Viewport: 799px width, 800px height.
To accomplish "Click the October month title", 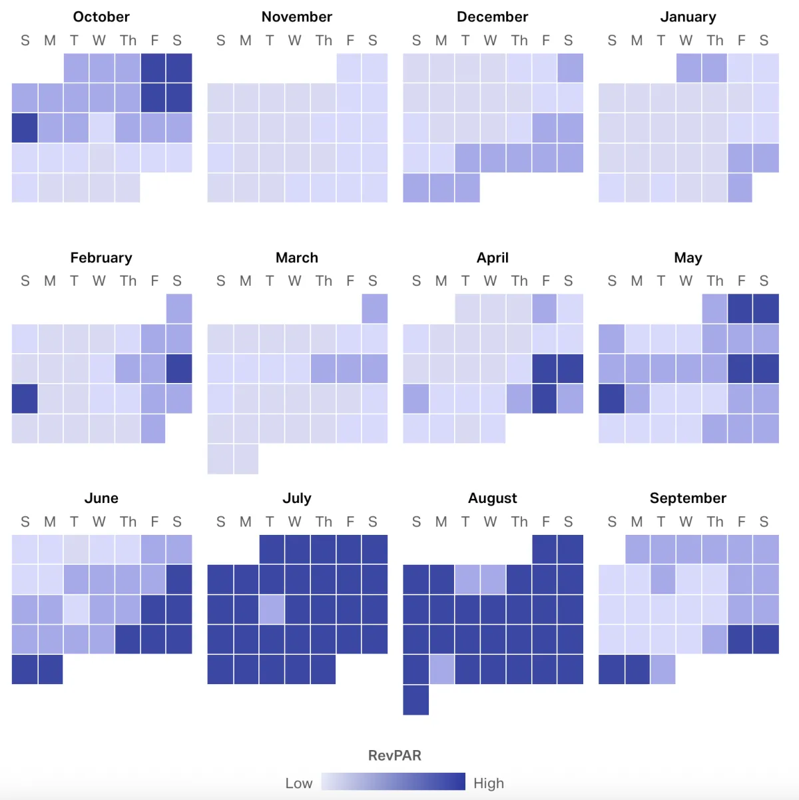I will (101, 17).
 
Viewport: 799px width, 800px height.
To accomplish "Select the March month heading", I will (297, 258).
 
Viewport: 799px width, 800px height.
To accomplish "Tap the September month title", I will (688, 498).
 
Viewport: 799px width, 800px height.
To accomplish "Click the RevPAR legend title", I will (395, 755).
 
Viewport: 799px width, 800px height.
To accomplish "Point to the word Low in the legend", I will (299, 783).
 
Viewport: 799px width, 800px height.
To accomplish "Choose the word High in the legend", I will (489, 783).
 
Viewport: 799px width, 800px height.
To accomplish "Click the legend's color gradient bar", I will (393, 781).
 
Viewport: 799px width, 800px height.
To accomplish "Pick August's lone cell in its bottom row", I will (416, 700).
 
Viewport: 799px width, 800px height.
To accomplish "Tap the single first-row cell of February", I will (179, 308).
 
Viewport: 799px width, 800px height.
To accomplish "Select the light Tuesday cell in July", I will (272, 609).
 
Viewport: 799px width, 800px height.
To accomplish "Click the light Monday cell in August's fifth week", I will (442, 669).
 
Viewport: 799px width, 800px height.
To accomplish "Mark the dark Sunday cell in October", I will (25, 128).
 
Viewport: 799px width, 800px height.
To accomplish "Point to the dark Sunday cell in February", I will (25, 398).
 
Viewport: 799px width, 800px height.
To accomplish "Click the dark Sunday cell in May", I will (611, 398).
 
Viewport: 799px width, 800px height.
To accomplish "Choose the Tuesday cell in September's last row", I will (663, 669).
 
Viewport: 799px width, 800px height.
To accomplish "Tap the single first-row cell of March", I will (375, 308).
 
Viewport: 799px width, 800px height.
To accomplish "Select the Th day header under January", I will (715, 41).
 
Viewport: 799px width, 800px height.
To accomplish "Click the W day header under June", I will (99, 522).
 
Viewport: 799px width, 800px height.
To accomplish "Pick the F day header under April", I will (546, 281).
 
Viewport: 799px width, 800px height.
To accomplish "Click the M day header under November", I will (246, 41).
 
